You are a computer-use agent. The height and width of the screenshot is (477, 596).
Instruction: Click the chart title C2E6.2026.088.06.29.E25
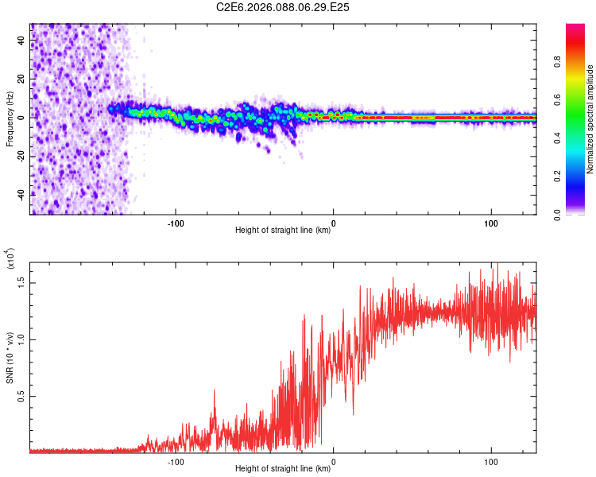(283, 7)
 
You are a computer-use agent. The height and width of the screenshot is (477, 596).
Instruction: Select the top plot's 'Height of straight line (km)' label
(283, 230)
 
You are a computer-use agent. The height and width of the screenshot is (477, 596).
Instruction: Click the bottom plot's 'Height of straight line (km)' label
(283, 468)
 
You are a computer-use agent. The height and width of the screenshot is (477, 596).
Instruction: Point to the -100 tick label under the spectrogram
(176, 223)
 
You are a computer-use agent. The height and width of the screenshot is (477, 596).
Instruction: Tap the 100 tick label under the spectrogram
(490, 223)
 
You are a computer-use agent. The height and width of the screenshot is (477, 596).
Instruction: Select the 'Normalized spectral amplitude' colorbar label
(590, 119)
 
